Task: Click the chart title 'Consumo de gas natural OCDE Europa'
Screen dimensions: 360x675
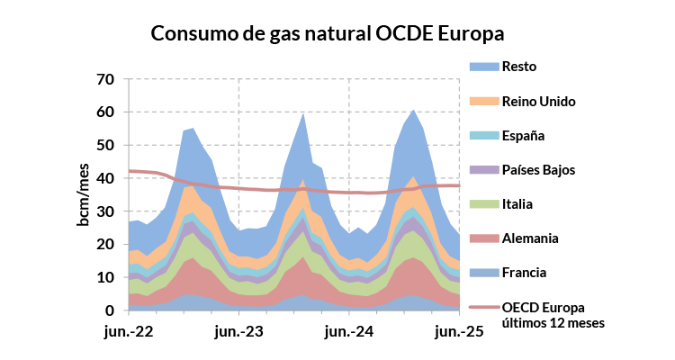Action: [327, 33]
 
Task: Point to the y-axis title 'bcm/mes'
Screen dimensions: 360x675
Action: [83, 194]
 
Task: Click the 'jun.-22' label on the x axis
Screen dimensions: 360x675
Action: [130, 331]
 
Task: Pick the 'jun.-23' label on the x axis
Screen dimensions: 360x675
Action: [238, 331]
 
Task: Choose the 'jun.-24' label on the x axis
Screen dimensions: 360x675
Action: [348, 331]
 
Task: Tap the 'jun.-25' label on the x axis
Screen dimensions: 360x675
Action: [459, 331]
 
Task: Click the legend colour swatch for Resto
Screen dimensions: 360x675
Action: [482, 66]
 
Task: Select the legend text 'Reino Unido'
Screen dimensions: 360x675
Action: [538, 101]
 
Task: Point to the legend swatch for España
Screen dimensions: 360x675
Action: [482, 135]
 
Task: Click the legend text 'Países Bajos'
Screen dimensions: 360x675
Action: [538, 169]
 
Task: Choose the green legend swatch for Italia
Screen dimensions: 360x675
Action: [482, 204]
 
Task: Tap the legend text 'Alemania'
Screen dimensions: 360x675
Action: [530, 238]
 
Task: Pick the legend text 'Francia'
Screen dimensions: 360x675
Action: [526, 273]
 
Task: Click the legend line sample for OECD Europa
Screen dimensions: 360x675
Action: [482, 308]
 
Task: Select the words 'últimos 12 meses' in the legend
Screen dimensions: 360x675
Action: [553, 323]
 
